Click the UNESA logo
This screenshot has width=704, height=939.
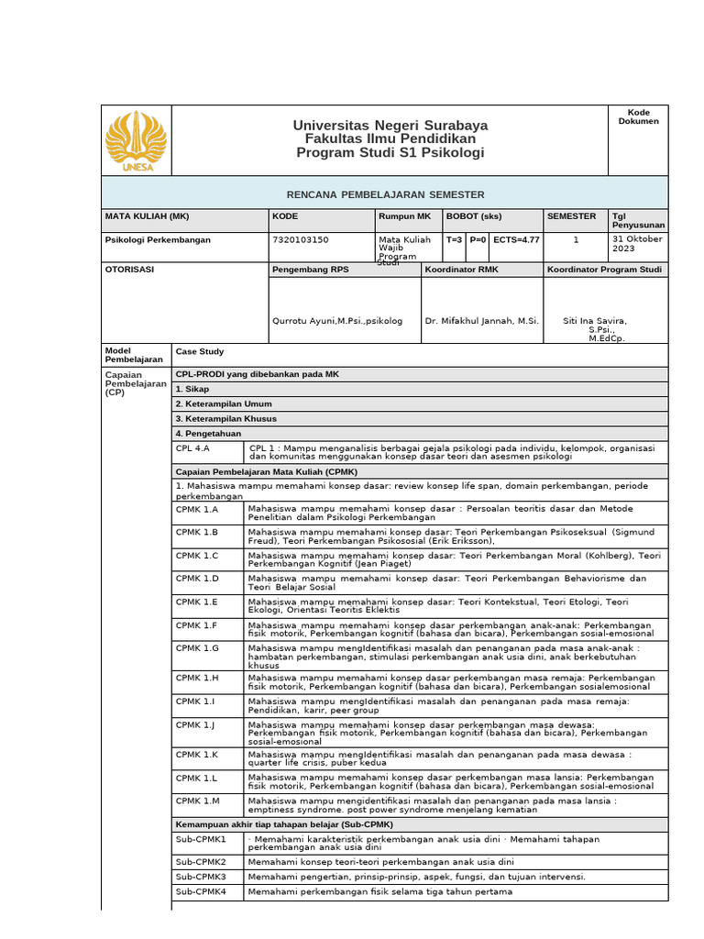(x=136, y=140)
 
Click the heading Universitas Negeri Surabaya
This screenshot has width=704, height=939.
(x=390, y=125)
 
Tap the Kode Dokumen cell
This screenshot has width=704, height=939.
(x=638, y=117)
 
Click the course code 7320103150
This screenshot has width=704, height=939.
(x=301, y=240)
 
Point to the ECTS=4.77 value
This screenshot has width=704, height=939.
(x=516, y=239)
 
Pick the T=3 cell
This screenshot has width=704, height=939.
(x=454, y=239)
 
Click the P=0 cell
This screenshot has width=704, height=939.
(x=478, y=239)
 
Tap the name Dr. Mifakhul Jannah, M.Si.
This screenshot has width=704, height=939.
(x=482, y=321)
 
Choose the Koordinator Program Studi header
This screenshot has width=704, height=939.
(x=604, y=270)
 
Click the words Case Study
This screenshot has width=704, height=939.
(x=200, y=351)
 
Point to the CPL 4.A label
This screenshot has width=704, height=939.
(x=193, y=448)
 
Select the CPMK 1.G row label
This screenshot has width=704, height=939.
(x=197, y=647)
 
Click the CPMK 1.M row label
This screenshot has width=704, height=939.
(x=197, y=801)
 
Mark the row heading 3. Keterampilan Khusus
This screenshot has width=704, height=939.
(x=225, y=419)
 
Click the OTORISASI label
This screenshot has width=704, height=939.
(x=130, y=270)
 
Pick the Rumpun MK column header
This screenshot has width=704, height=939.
(x=404, y=215)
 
